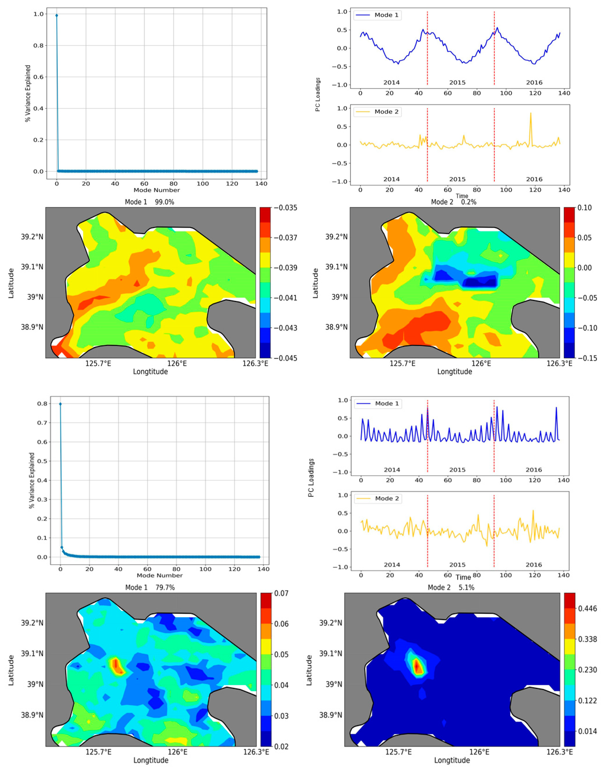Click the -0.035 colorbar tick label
(x=285, y=208)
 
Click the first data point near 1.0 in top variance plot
(x=56, y=15)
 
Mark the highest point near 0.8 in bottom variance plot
(x=60, y=404)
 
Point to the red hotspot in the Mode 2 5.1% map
(x=418, y=666)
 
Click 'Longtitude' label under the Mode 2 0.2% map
(x=455, y=372)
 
